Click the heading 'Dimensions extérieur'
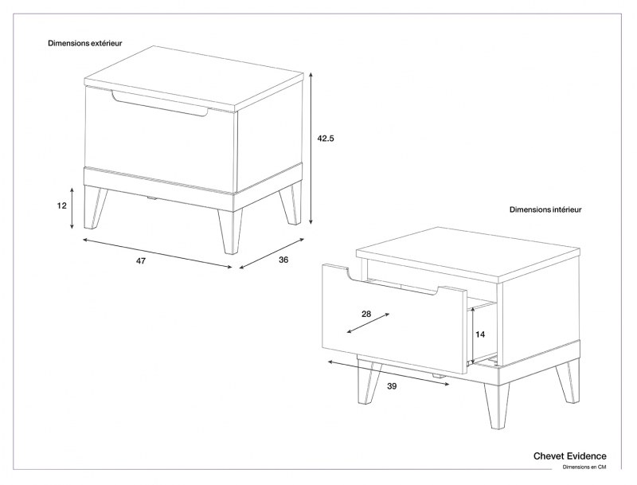tap(85, 44)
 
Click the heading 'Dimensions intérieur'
tap(545, 210)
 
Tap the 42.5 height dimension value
tap(325, 138)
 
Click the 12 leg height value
tap(61, 205)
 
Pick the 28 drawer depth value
tap(365, 314)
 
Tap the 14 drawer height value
tap(479, 335)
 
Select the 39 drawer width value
tap(392, 386)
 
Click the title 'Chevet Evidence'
tap(569, 456)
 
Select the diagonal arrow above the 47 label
tap(156, 251)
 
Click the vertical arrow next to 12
tap(72, 206)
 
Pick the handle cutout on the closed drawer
tap(159, 105)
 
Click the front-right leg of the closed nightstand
tap(229, 231)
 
